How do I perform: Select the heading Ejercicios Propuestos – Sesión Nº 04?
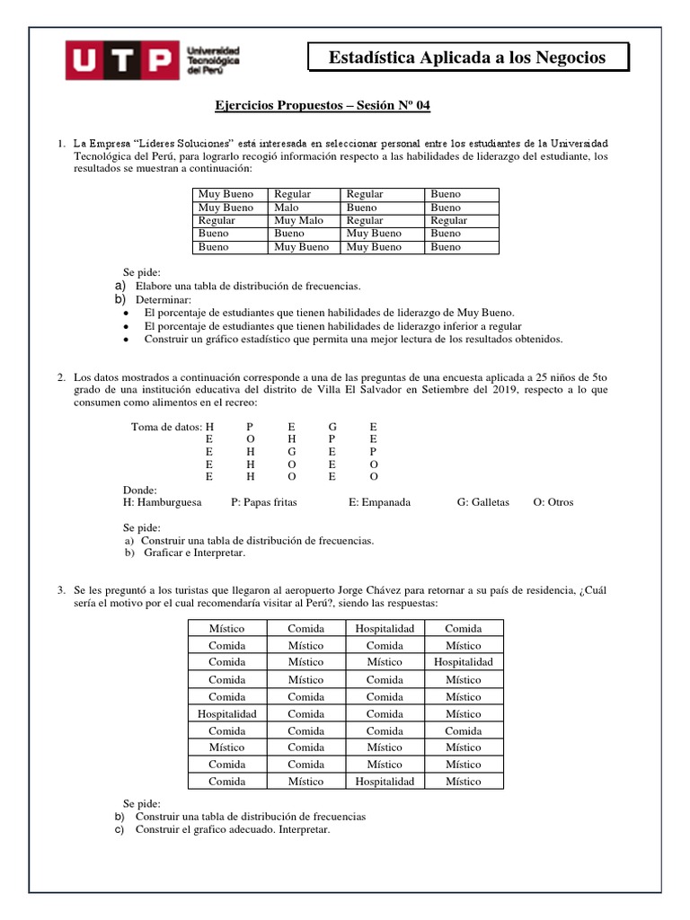323,106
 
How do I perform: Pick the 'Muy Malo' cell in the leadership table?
298,220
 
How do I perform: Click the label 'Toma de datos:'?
166,427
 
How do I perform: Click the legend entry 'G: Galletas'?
482,502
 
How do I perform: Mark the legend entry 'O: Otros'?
553,502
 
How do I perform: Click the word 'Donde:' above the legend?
139,490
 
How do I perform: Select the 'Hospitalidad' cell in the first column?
227,713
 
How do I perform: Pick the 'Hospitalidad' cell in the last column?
463,662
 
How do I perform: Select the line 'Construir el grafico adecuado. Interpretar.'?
233,829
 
